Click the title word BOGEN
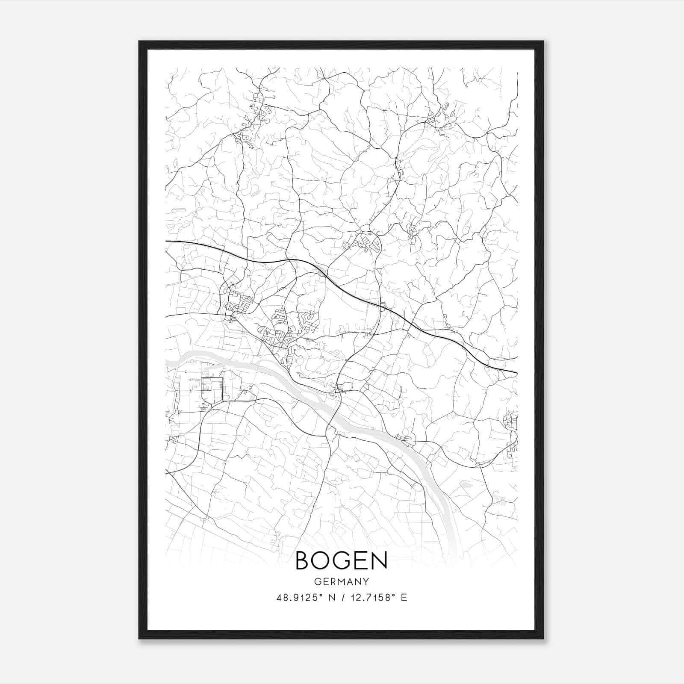pyautogui.click(x=341, y=560)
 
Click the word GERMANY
pyautogui.click(x=341, y=581)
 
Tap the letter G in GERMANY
pyautogui.click(x=317, y=581)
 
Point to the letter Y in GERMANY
pyautogui.click(x=366, y=581)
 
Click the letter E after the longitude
pyautogui.click(x=404, y=598)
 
